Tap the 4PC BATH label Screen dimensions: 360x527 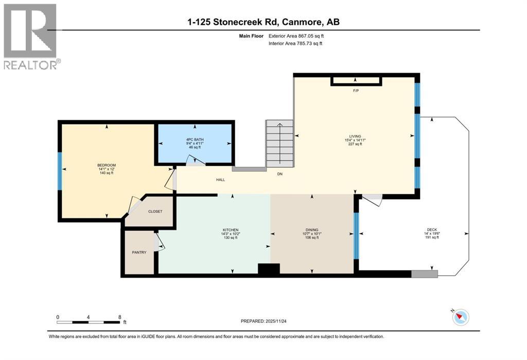click(196, 139)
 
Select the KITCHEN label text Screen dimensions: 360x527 click(231, 230)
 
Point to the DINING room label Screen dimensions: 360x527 click(313, 230)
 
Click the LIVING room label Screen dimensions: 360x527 click(355, 136)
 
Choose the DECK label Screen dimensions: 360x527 click(432, 230)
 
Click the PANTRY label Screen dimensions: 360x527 click(139, 252)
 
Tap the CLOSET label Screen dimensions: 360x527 click(155, 212)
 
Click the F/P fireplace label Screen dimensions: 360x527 click(356, 91)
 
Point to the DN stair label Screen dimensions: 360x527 click(280, 174)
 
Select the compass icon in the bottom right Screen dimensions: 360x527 click(461, 317)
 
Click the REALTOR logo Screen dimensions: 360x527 click(31, 36)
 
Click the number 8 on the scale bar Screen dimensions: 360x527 click(119, 317)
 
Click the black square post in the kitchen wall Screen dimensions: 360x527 click(268, 268)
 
